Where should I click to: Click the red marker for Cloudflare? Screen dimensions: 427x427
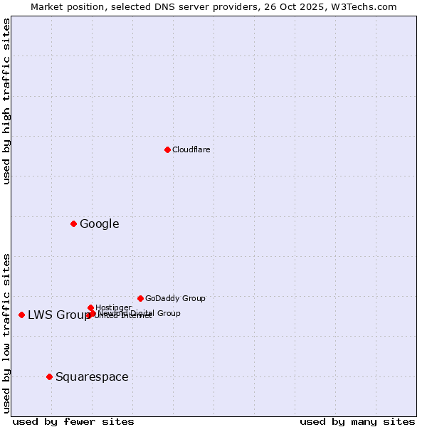point(167,149)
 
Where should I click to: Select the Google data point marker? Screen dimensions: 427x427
point(73,224)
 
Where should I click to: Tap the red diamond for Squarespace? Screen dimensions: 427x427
point(49,376)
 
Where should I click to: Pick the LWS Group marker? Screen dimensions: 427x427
point(22,315)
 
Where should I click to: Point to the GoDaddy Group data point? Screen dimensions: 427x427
point(140,298)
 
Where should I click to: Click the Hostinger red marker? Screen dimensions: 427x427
point(90,307)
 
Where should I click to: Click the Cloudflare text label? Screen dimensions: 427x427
point(191,149)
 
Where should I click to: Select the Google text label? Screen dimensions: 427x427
point(99,224)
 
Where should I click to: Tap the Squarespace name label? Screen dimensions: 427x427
point(92,377)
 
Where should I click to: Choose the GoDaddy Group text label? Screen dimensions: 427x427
point(175,298)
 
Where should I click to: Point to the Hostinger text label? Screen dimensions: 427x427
point(113,307)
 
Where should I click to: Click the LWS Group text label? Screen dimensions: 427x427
point(58,315)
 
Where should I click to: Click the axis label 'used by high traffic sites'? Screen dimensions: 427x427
point(7,101)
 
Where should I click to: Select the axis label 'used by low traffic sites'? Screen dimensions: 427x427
point(7,332)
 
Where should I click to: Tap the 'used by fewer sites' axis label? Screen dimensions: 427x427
point(73,421)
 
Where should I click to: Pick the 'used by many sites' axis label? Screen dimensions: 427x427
point(357,421)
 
